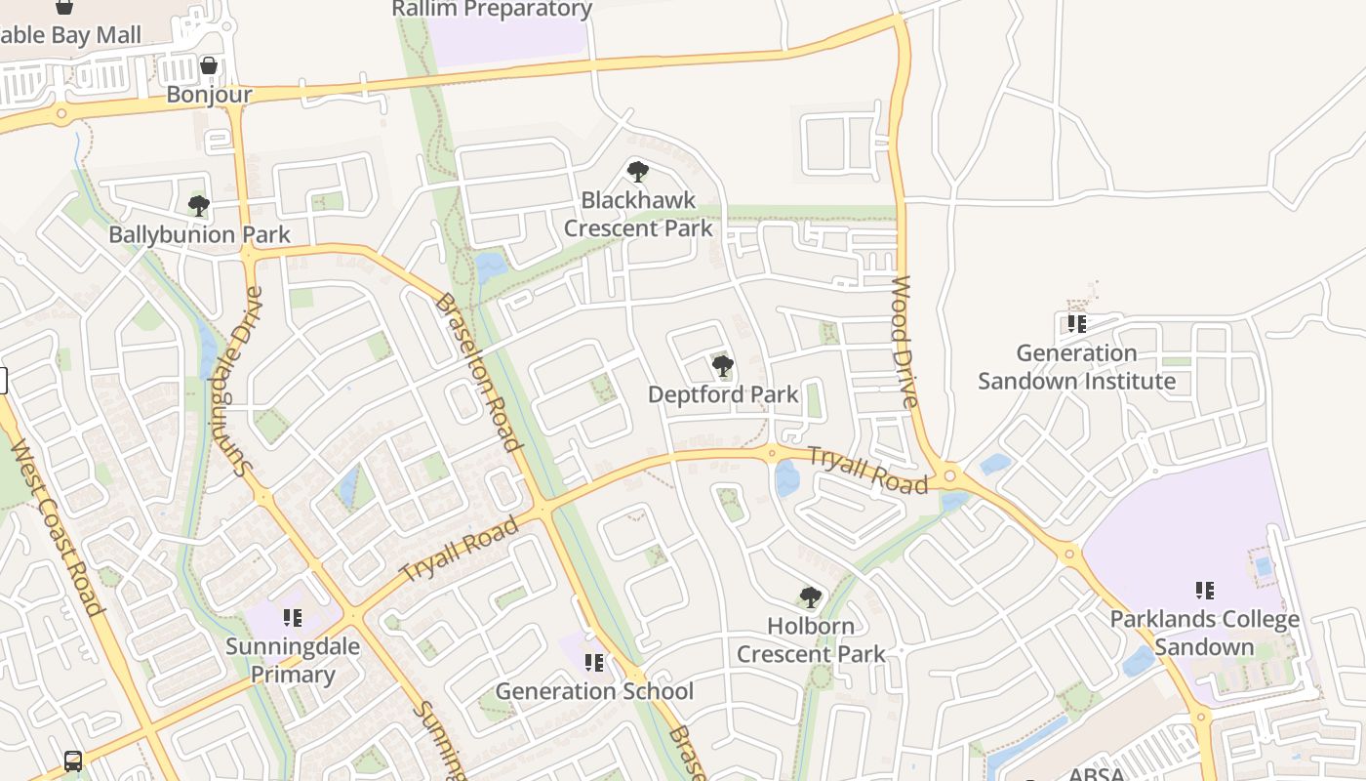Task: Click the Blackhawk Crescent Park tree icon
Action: (637, 173)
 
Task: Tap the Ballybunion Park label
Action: (199, 235)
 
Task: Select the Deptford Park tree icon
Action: (723, 367)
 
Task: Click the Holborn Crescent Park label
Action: (811, 640)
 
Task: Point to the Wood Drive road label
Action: (904, 342)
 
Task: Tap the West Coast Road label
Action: (58, 528)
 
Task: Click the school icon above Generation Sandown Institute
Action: (1077, 323)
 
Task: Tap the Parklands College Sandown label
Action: (1204, 633)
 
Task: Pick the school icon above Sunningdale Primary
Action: (293, 618)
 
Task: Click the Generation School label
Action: (594, 691)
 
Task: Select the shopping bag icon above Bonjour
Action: (209, 65)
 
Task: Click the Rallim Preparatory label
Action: (492, 10)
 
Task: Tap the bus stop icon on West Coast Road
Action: (73, 760)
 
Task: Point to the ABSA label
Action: (1096, 774)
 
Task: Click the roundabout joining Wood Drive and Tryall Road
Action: (949, 477)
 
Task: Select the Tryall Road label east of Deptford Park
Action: (867, 470)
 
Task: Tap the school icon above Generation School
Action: (594, 664)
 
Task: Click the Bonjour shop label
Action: (209, 95)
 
